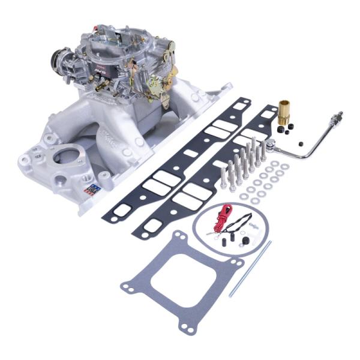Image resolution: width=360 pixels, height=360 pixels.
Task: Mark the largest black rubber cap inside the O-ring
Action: point(245,241)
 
